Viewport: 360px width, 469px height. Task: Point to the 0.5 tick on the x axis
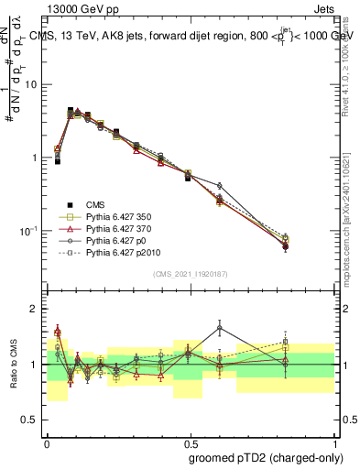pos(190,441)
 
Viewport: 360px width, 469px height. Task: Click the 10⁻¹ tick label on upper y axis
pos(27,230)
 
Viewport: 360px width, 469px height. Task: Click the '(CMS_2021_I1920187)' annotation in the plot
pos(190,273)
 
